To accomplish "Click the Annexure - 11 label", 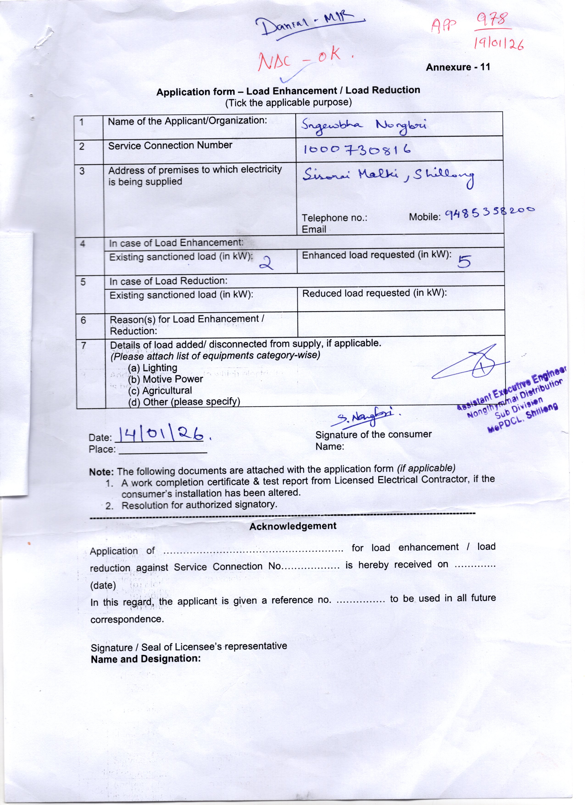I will coord(458,67).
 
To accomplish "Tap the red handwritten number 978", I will coord(493,20).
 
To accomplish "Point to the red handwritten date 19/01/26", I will coord(499,44).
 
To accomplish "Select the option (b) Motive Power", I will coord(165,379).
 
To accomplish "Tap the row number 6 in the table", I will coord(83,320).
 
